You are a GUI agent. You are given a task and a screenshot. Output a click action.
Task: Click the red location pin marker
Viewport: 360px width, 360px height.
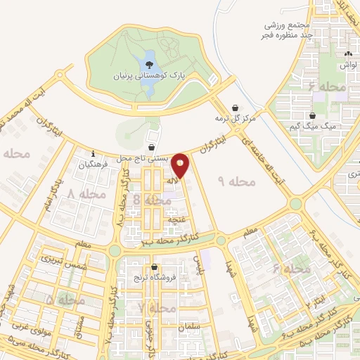point(181,166)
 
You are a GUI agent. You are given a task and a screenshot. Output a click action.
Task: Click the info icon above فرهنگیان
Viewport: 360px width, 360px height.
point(93,153)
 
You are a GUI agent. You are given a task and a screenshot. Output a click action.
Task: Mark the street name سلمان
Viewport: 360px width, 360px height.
point(189,328)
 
